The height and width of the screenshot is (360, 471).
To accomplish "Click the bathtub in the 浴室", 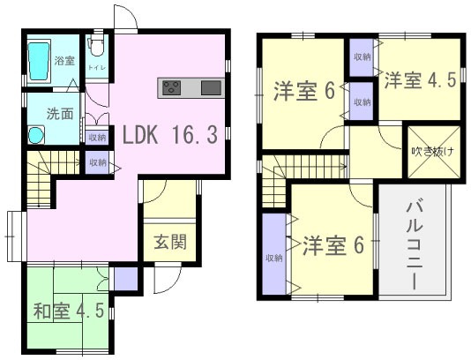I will click(40, 63).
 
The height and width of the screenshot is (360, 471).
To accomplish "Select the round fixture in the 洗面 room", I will click(36, 135).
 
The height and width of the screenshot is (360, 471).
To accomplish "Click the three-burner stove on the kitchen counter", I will click(171, 87).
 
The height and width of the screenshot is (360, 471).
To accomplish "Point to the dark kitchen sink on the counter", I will click(211, 87).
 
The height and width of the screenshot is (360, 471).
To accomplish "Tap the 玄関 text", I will click(169, 242).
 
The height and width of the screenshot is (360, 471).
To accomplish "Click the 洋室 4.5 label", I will click(418, 80).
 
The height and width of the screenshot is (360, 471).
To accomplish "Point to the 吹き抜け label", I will click(431, 151).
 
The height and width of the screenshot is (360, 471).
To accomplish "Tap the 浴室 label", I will click(64, 61).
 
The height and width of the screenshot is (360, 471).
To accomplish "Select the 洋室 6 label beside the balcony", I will click(333, 244).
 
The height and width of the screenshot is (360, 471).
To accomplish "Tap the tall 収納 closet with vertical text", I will click(273, 257).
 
